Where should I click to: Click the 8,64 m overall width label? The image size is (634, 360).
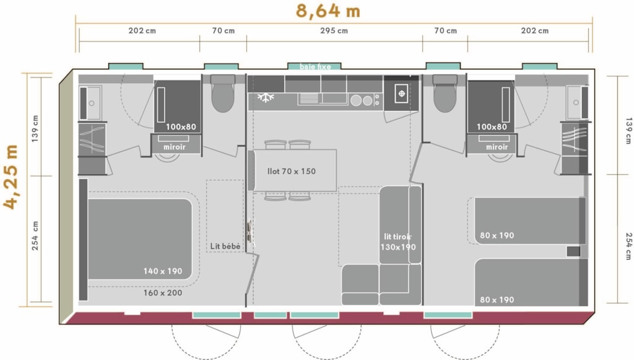[x=328, y=11]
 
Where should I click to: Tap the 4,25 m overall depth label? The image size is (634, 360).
[x=11, y=177]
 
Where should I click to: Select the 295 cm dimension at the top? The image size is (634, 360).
[x=334, y=30]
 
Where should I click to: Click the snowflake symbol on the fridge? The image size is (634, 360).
[x=266, y=97]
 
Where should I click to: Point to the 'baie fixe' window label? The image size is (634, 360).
[x=315, y=66]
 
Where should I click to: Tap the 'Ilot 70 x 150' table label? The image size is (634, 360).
[x=291, y=171]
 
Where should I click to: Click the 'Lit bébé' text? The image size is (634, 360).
[x=225, y=246]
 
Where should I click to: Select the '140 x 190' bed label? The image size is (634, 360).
[x=163, y=271]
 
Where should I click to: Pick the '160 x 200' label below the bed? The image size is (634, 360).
[x=163, y=292]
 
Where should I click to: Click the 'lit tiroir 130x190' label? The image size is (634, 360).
[x=398, y=242]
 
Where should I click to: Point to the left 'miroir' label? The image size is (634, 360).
[x=174, y=147]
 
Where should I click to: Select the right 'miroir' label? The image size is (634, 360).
[x=497, y=147]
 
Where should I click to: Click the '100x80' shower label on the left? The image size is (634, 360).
[x=181, y=126]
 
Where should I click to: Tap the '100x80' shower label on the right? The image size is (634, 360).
[x=492, y=126]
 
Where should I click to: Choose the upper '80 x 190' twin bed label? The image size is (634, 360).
[x=497, y=235]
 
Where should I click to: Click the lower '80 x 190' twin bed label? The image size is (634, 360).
[x=497, y=300]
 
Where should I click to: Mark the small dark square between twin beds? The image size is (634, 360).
[x=573, y=251]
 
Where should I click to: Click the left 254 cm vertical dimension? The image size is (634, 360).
[x=35, y=235]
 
